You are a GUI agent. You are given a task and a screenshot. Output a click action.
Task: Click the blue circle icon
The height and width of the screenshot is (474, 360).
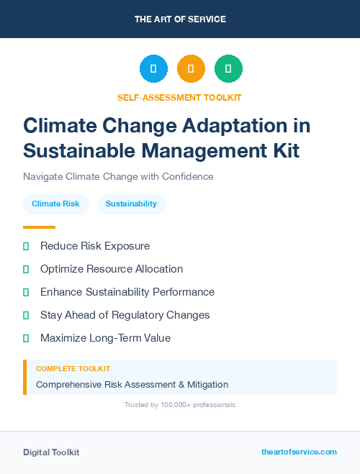click(153, 69)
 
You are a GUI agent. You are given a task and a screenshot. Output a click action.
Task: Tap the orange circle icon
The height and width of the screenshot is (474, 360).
click(191, 69)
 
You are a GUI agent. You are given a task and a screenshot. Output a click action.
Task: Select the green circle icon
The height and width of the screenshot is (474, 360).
click(228, 69)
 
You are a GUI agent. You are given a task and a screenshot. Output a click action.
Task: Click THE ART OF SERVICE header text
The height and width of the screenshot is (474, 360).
click(180, 19)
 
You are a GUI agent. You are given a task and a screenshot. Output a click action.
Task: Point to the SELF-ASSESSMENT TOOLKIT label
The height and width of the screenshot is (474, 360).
click(180, 97)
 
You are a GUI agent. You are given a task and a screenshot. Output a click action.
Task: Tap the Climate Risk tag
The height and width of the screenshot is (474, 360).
click(55, 204)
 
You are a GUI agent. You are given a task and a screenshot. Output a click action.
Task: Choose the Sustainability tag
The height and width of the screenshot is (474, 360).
click(131, 204)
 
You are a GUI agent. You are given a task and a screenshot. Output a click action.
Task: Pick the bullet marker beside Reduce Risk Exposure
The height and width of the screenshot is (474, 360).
click(26, 246)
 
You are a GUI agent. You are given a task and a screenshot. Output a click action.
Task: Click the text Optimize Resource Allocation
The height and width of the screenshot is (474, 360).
click(112, 269)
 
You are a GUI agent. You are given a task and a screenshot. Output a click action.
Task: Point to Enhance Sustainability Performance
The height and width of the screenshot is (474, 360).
click(127, 292)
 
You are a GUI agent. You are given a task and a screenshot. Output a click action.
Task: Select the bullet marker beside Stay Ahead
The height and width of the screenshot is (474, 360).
click(26, 315)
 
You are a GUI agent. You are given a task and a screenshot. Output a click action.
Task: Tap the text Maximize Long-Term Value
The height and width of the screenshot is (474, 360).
click(105, 338)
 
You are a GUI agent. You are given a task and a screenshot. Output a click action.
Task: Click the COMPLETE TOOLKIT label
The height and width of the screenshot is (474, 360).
click(73, 369)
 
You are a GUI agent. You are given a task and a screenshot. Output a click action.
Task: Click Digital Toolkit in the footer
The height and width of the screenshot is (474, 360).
click(51, 452)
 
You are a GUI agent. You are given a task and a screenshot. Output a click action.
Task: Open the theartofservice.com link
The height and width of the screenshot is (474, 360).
click(299, 452)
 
